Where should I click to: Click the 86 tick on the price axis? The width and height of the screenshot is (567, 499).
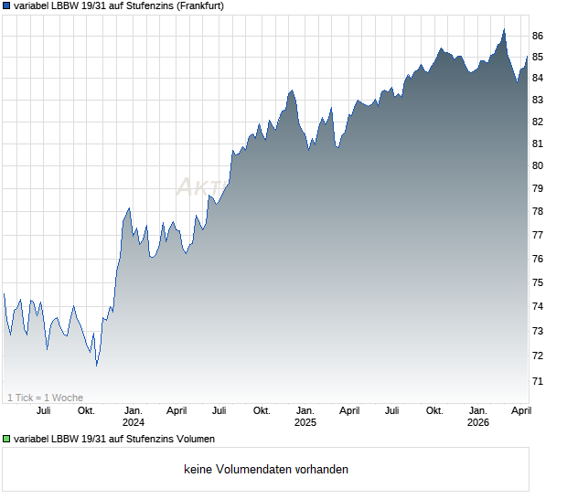click(538, 36)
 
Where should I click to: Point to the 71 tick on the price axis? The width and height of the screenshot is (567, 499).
click(538, 380)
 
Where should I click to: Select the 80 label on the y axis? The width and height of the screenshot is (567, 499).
click(538, 165)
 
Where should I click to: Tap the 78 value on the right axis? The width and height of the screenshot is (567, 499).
click(538, 211)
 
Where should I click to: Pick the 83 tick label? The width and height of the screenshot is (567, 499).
click(538, 100)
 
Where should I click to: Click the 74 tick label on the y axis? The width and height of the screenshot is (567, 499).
click(538, 306)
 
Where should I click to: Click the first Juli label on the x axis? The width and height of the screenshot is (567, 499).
click(43, 410)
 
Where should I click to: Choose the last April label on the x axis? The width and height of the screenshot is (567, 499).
click(519, 410)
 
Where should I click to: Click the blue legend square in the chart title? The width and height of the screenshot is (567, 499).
click(7, 5)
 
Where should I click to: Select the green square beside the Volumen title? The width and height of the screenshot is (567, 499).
click(7, 439)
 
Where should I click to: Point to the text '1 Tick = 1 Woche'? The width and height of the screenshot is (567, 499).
click(45, 398)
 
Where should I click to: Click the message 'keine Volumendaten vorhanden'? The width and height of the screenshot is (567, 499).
click(266, 470)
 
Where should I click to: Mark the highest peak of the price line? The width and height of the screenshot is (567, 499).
click(504, 30)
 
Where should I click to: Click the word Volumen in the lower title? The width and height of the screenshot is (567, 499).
click(194, 439)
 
